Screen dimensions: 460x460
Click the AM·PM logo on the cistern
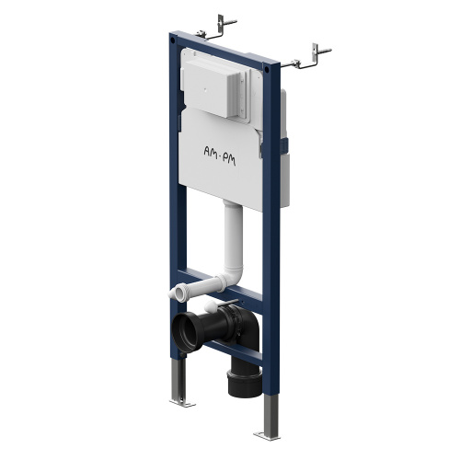pyautogui.click(x=220, y=155)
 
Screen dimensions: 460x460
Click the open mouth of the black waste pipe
pyautogui.click(x=184, y=329)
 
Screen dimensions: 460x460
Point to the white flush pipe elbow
pyautogui.click(x=235, y=274)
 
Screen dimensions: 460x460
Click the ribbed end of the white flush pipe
pyautogui.click(x=178, y=292)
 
